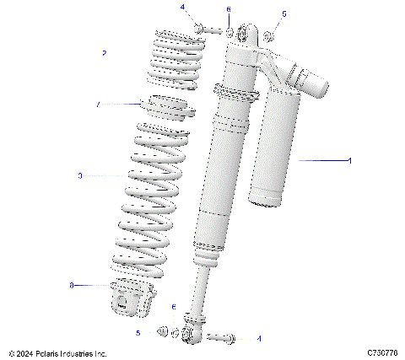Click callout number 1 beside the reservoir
349,159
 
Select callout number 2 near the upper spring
104,53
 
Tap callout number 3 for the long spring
79,176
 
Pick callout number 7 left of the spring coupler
98,105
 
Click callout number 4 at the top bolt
181,7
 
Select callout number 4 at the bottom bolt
259,339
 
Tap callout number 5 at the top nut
283,14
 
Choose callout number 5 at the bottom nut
138,333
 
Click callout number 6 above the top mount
228,8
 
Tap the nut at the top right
269,35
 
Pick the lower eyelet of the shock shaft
192,335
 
